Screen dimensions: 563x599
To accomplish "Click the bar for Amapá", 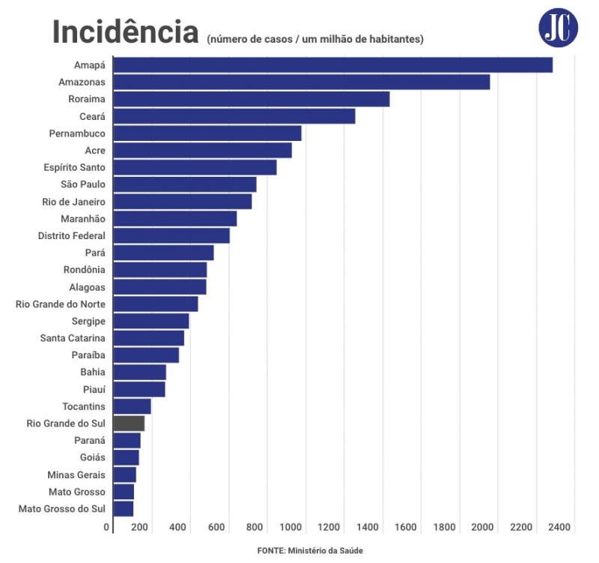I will point(332,65).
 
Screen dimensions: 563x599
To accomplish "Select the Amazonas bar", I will point(301,82).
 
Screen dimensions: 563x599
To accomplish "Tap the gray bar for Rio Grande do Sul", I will point(129,424).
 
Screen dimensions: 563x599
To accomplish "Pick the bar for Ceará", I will point(234,116).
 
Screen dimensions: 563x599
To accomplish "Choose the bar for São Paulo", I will point(184,184).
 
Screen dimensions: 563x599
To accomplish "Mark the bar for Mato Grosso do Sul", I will point(123,509).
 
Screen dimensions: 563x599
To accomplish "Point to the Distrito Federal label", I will point(72,236).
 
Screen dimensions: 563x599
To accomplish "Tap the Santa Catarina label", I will point(73,338).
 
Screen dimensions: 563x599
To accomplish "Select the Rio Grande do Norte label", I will point(61,304).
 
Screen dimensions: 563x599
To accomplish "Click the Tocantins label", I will point(84,406).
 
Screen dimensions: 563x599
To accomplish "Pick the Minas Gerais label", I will point(76,475).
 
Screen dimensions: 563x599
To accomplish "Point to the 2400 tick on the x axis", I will point(560,527).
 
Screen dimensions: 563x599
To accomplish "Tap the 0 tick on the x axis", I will point(107,527).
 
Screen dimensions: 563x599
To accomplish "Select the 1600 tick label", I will point(407,527).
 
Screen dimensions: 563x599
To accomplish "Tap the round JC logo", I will point(559,28).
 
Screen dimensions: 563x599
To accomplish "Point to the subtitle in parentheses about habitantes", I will point(315,39).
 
